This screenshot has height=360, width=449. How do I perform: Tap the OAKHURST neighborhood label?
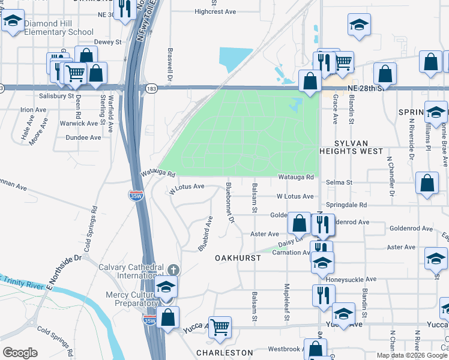point(238,257)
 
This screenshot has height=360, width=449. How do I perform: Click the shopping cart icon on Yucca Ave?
point(220,327)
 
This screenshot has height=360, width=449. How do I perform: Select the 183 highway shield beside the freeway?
point(151,88)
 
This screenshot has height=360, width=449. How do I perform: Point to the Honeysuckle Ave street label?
point(351,279)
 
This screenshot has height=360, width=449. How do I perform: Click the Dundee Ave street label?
point(87,137)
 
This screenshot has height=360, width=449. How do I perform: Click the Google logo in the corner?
point(20,353)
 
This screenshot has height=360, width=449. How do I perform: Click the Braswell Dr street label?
point(170,64)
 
